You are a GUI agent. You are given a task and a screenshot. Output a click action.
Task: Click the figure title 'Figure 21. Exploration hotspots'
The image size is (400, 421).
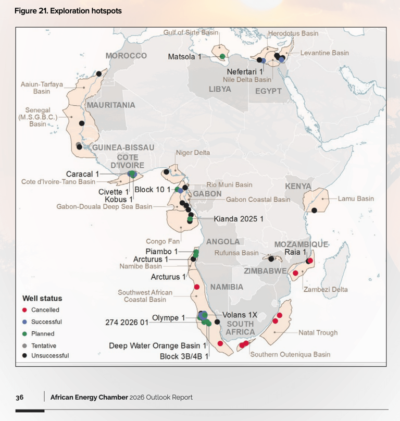(x=68, y=11)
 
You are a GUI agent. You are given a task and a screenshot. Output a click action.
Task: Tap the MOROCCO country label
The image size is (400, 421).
(x=126, y=56)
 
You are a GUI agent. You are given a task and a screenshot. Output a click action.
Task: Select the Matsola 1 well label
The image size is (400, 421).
(x=184, y=56)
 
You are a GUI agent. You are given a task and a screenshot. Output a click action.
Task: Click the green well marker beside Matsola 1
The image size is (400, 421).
(x=222, y=56)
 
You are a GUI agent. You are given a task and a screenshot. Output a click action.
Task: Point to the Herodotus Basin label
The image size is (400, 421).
(x=293, y=33)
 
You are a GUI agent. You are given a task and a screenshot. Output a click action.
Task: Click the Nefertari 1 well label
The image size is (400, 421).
(x=245, y=71)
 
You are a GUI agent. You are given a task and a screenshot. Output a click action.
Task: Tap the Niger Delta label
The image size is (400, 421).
(x=193, y=153)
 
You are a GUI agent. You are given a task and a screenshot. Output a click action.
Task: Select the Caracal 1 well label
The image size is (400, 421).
(x=82, y=174)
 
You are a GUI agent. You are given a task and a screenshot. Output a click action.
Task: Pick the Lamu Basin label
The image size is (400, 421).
(x=356, y=199)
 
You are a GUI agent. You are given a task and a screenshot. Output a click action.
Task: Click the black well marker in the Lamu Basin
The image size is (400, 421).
(x=315, y=210)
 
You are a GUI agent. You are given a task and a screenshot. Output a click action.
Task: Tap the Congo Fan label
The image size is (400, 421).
(x=163, y=241)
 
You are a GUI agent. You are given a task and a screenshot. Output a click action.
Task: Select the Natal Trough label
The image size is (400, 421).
(x=318, y=332)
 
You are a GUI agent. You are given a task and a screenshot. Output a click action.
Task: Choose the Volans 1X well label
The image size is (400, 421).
(x=240, y=315)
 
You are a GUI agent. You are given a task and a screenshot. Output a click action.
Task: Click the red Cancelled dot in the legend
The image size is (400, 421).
(x=25, y=310)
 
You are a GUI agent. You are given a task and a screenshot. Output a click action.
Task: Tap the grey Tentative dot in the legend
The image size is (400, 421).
(x=25, y=345)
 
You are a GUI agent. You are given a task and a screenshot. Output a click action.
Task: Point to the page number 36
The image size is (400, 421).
(x=19, y=398)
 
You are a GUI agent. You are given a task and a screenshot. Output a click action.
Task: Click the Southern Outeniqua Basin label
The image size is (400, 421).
(x=290, y=355)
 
